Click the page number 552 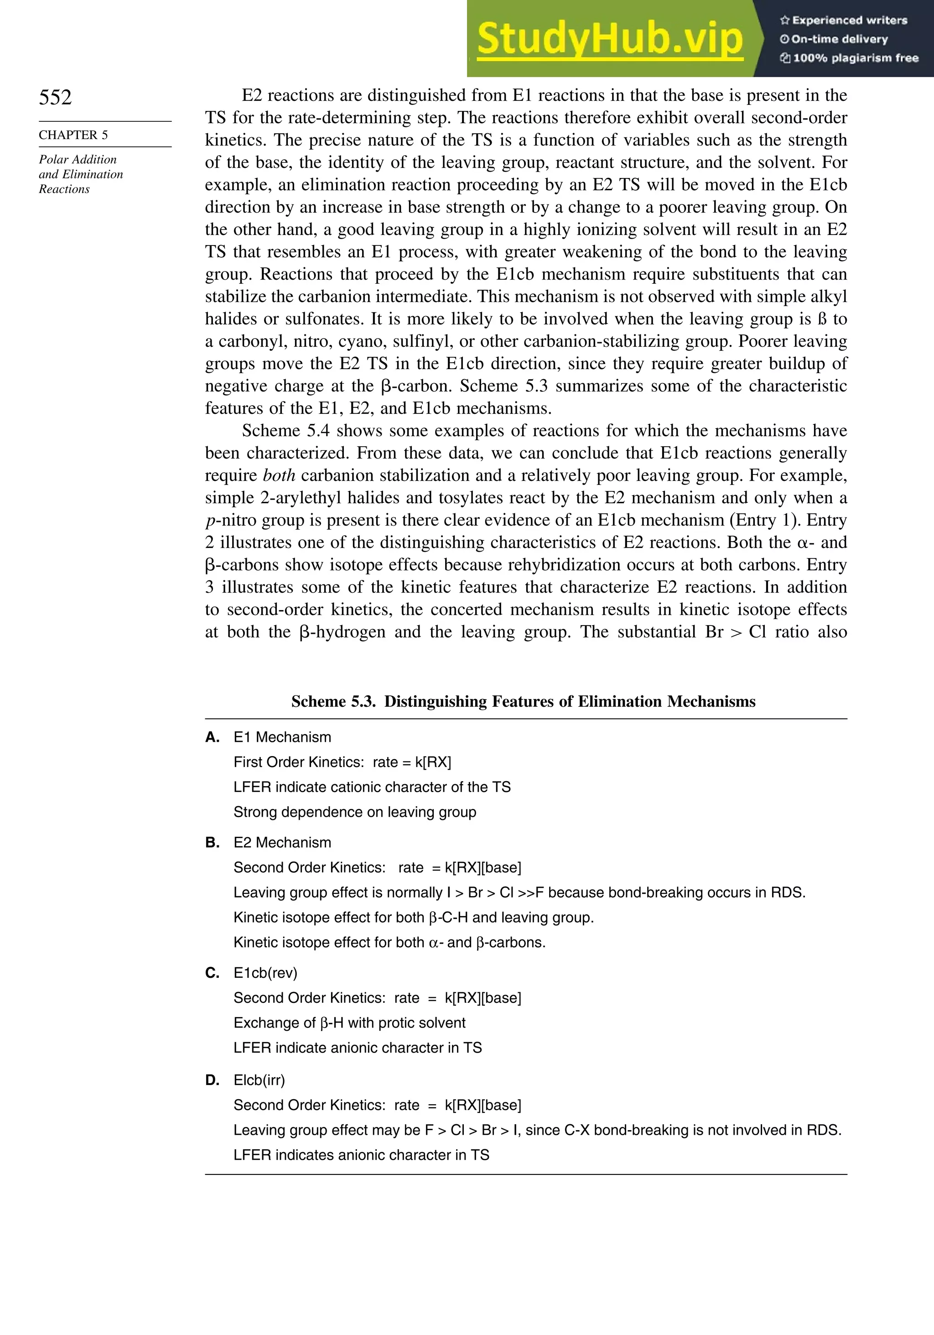click(x=55, y=97)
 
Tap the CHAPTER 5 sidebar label click(x=73, y=135)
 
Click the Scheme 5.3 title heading click(x=523, y=701)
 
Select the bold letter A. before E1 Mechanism click(x=212, y=737)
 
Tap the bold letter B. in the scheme click(x=212, y=843)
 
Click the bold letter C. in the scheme click(x=212, y=973)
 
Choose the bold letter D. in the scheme click(x=212, y=1080)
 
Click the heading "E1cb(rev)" click(x=265, y=973)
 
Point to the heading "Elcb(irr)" click(x=259, y=1080)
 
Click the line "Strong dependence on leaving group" click(x=354, y=812)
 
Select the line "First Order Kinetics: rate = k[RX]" click(x=342, y=762)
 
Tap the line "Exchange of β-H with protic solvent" click(x=349, y=1023)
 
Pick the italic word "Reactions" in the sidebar click(x=64, y=189)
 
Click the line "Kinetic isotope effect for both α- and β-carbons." click(x=389, y=942)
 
